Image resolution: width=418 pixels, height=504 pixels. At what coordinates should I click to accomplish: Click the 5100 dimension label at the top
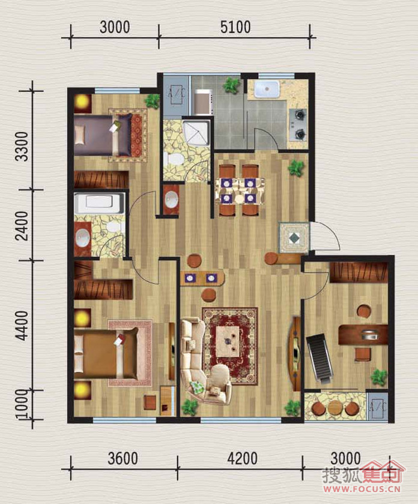coord(235,27)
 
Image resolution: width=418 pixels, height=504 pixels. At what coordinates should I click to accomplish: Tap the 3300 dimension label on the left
coord(23,146)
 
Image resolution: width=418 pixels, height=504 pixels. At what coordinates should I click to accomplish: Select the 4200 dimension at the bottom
coord(242,458)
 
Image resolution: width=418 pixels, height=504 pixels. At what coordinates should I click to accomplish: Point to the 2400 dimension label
coord(23,226)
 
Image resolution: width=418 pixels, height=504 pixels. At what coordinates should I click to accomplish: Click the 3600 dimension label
coord(123,458)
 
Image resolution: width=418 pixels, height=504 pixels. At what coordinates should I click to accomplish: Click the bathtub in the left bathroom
coord(99,203)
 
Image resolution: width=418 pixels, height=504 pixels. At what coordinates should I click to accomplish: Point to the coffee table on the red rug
coord(230,341)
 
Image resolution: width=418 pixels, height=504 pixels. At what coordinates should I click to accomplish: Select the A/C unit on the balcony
coord(377,407)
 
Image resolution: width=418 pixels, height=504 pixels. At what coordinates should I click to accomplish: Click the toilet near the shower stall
coord(173,159)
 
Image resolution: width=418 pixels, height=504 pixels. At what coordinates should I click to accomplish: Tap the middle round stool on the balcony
coord(334,407)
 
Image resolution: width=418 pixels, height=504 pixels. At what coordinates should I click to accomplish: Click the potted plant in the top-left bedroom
coord(153,101)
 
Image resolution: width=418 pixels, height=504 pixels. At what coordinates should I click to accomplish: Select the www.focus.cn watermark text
coord(362,489)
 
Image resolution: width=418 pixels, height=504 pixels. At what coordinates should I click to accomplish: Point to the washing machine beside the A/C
coord(204,103)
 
